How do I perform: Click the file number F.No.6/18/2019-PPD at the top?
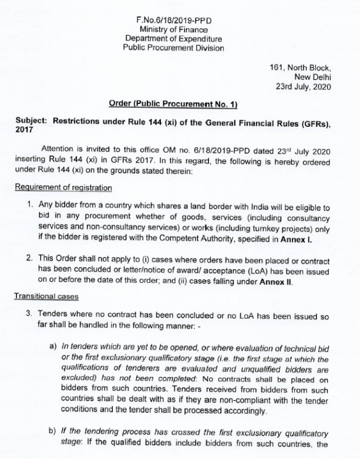coord(173,21)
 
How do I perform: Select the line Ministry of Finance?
coord(173,30)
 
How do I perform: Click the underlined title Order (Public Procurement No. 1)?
coord(173,104)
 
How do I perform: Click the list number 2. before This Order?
coord(29,260)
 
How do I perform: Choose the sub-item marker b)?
coord(53,431)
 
